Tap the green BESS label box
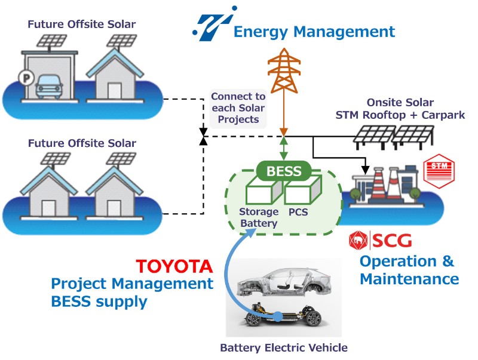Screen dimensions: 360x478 284,171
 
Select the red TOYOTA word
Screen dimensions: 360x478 174,266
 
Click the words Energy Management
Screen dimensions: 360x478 314,31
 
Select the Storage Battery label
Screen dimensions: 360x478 259,217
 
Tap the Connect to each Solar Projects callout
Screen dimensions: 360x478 238,107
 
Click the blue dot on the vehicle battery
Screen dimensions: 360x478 277,315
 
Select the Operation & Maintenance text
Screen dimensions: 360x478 409,270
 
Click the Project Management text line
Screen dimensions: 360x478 132,284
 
